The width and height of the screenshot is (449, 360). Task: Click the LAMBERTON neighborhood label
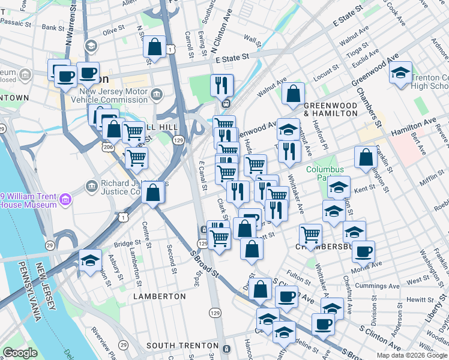point(160,296)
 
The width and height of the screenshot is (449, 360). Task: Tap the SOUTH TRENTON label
point(182,346)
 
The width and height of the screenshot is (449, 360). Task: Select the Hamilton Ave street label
point(414,126)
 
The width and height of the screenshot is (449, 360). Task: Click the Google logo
point(20,353)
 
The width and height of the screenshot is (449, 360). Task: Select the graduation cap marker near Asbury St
point(91,260)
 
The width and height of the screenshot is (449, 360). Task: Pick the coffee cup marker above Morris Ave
point(363,251)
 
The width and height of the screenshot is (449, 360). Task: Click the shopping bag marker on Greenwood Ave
point(292,94)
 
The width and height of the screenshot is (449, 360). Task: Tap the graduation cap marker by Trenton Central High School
point(400,73)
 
